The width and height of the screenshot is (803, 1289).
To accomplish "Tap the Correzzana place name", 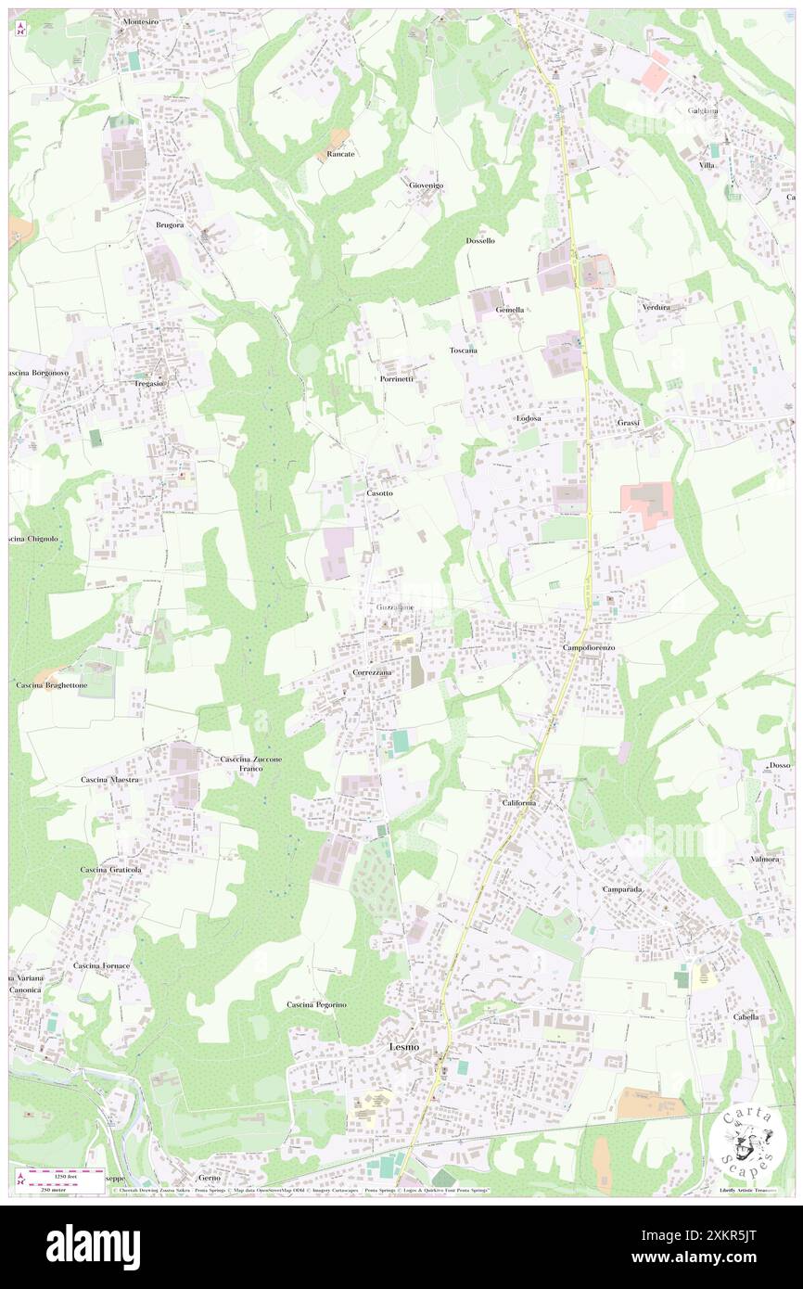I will [x=373, y=671].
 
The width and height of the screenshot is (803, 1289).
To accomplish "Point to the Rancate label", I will [x=340, y=154].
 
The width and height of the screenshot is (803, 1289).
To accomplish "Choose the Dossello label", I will [x=480, y=240].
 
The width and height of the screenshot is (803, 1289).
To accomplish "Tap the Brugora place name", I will [x=170, y=225].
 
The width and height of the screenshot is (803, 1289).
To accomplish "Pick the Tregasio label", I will [x=148, y=383].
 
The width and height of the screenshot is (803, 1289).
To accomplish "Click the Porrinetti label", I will [x=396, y=379].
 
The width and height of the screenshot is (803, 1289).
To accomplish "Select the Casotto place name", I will [x=379, y=493].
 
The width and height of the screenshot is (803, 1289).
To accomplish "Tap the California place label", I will [x=520, y=802].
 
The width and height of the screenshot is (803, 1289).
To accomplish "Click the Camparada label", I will [x=622, y=888].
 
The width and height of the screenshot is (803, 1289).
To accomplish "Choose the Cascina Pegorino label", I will [x=316, y=1004].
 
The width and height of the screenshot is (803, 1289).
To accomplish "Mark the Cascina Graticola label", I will [x=110, y=870].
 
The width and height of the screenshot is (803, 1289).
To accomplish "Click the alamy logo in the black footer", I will [x=93, y=1245].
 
